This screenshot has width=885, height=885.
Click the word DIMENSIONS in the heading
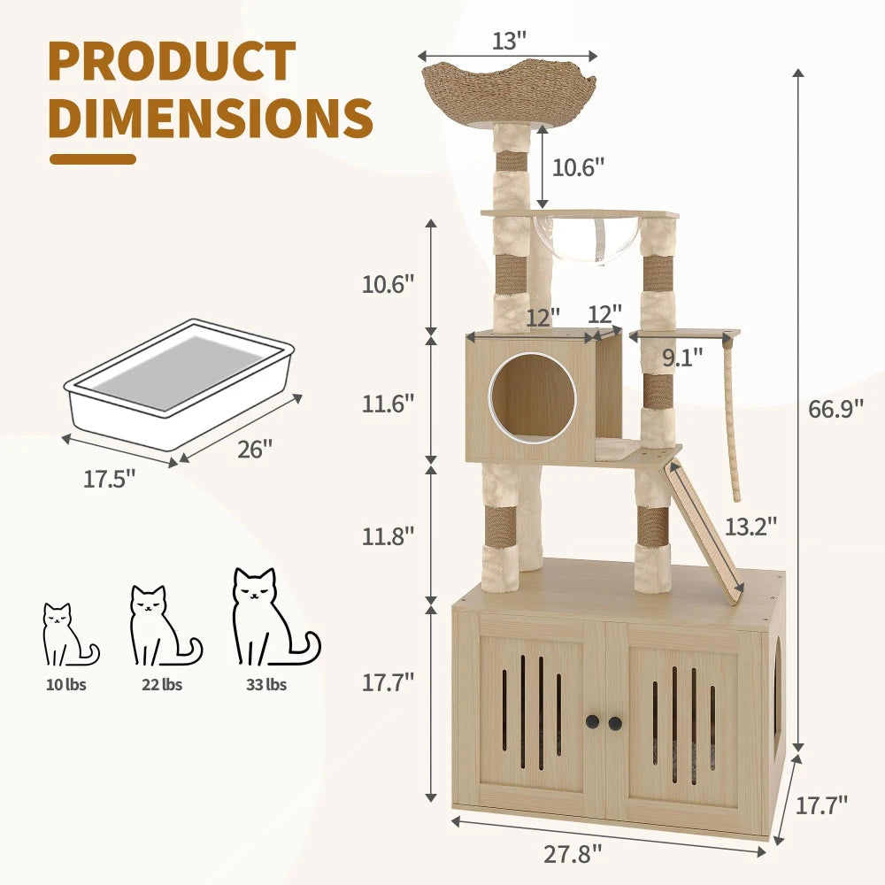(x=210, y=117)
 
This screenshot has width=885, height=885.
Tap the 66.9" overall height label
(x=835, y=410)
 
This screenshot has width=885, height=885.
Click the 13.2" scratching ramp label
(x=750, y=526)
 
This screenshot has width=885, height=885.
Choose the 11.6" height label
(x=387, y=404)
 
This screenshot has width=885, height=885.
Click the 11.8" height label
(x=387, y=535)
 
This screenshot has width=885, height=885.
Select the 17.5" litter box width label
(x=110, y=479)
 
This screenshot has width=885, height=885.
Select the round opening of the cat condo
(x=533, y=397)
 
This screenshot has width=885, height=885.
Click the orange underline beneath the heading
(x=92, y=159)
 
